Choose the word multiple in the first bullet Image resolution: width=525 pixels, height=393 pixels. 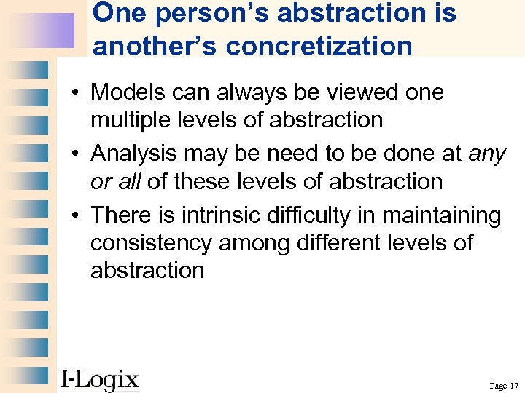[133, 119]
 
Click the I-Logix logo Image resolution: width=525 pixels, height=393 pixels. [99, 378]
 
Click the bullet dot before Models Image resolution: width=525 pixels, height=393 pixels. [76, 93]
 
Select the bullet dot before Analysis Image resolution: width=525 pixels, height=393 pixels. [76, 154]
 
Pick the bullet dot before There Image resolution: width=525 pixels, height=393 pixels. [76, 216]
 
